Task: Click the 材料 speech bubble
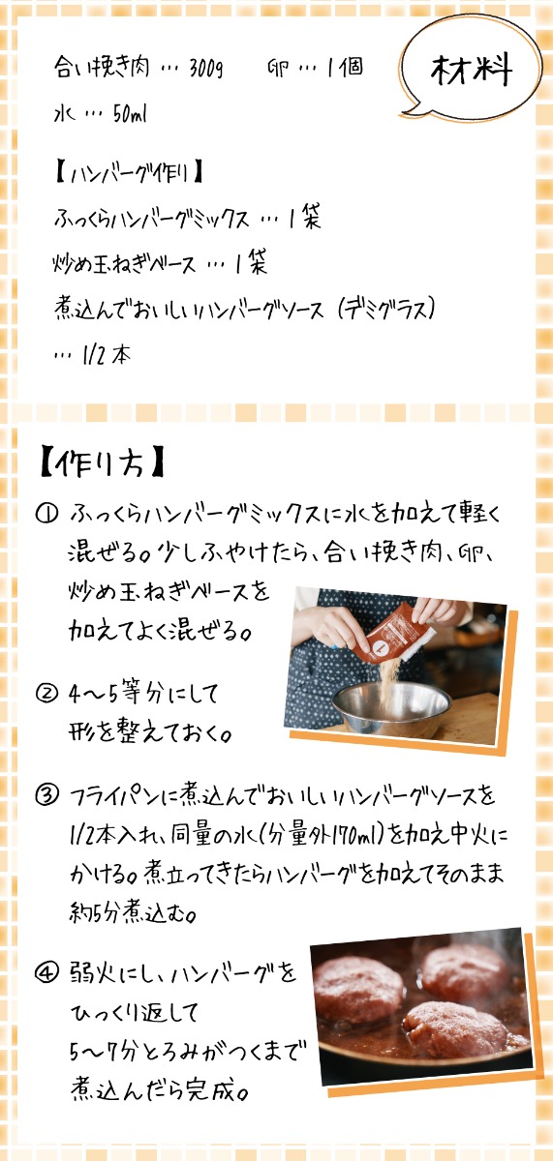pyautogui.click(x=471, y=70)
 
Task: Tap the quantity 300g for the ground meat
pyautogui.click(x=206, y=68)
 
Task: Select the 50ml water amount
pyautogui.click(x=130, y=114)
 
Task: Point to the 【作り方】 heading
pyautogui.click(x=103, y=462)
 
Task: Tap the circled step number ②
pyautogui.click(x=46, y=693)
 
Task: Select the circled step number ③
pyautogui.click(x=46, y=795)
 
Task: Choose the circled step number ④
pyautogui.click(x=46, y=974)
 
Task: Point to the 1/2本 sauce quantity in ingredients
pyautogui.click(x=107, y=356)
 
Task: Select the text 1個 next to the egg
pyautogui.click(x=345, y=68)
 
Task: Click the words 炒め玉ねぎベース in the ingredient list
pyautogui.click(x=125, y=264)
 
